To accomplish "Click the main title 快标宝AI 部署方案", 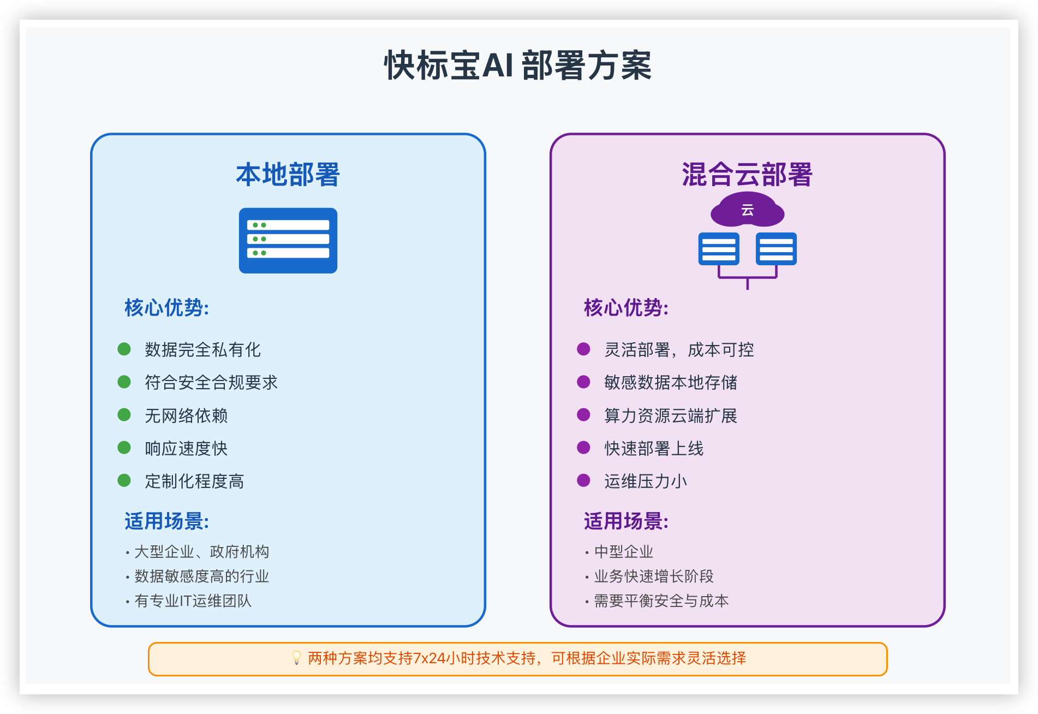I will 518,66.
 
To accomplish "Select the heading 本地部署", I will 288,175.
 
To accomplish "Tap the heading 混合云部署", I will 747,175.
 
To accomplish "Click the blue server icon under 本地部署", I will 288,240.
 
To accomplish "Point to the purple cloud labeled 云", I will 747,210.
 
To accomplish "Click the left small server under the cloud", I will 719,249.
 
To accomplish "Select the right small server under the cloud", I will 776,249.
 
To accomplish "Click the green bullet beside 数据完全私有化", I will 124,349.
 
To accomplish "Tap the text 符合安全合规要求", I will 211,383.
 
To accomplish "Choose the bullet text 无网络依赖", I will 186,416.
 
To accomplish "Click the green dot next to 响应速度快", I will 124,448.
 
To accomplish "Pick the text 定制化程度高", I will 194,481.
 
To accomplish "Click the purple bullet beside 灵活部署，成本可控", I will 583,349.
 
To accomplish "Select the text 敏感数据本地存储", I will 671,383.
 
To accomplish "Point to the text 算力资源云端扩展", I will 671,416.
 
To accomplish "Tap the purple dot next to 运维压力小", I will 583,481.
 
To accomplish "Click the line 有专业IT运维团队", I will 193,601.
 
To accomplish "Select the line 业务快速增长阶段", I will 654,576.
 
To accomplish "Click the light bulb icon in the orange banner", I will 296,658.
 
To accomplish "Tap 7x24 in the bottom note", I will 429,659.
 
